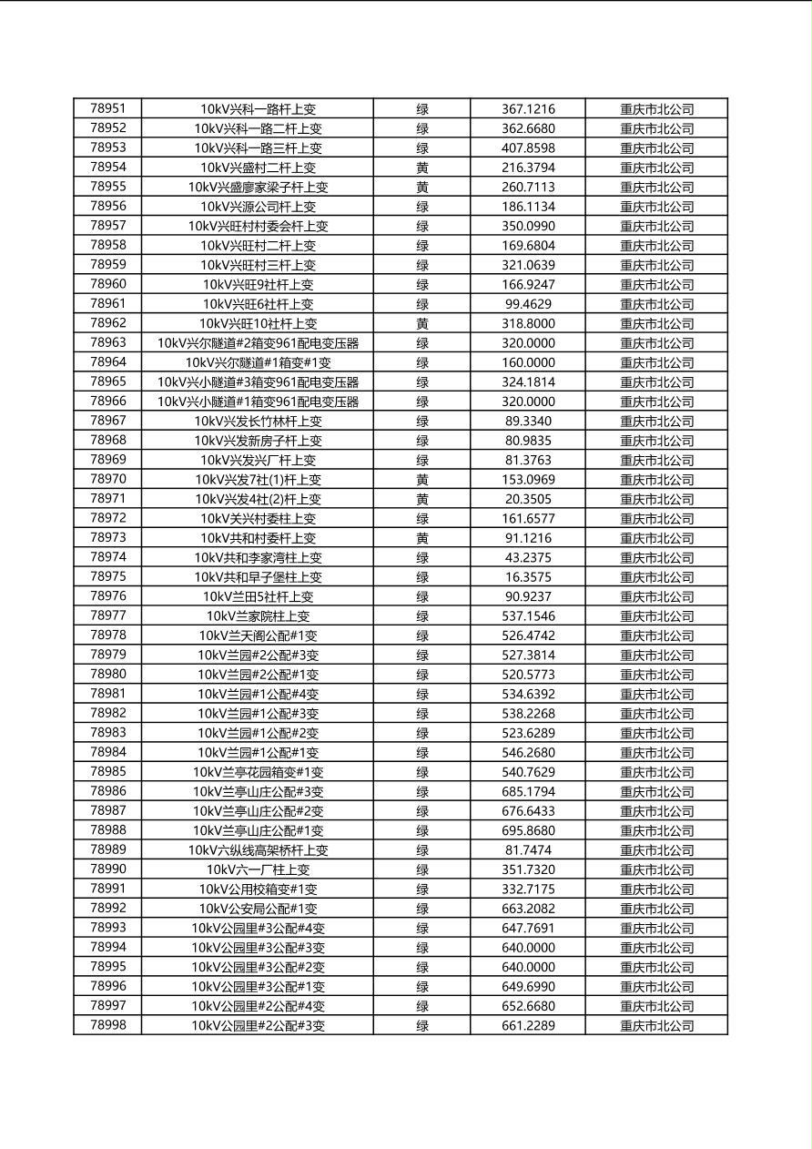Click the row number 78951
click(108, 108)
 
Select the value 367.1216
click(528, 109)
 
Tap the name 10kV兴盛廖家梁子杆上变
click(258, 187)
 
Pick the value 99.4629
click(528, 304)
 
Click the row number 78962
click(108, 323)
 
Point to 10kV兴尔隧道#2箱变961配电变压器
click(258, 343)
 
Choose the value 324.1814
click(528, 381)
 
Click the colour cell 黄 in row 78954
click(422, 168)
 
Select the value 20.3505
click(528, 499)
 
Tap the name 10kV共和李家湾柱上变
click(258, 557)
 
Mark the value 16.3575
click(528, 577)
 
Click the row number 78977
click(108, 615)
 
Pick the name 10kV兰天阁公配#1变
click(258, 636)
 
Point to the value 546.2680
click(528, 753)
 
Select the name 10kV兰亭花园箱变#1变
click(258, 772)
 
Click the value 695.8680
click(528, 830)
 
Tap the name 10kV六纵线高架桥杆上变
click(258, 850)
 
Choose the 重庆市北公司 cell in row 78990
click(656, 869)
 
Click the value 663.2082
click(528, 909)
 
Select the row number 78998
click(108, 1025)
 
